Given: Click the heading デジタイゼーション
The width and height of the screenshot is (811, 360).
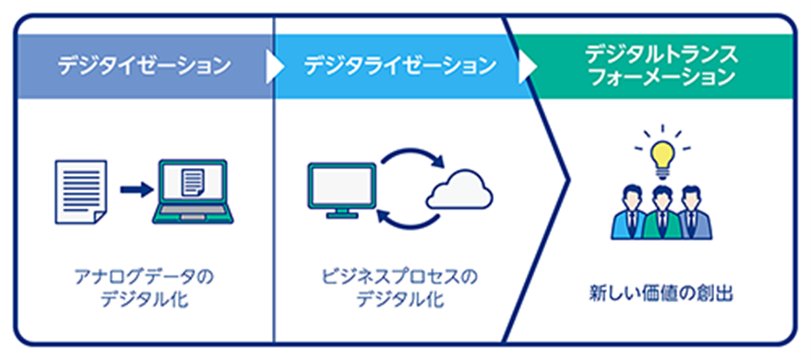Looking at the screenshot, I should coord(144,66).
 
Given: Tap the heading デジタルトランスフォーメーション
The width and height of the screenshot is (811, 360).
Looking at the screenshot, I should coord(661,66).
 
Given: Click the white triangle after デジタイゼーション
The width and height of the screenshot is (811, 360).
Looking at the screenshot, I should coord(274,66).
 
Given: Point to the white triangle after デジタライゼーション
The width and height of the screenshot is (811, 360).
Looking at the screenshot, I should coord(527,66).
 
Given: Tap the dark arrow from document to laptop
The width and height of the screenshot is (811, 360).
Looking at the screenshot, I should coord(135,189).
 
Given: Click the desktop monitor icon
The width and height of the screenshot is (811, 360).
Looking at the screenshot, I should coord(341,189).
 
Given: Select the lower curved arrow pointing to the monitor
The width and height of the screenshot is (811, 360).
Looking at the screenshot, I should coord(406,219).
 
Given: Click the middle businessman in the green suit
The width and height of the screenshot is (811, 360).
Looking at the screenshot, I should coord(660,212).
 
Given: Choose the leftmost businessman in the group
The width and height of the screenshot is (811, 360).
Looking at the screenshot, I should coord(629,214).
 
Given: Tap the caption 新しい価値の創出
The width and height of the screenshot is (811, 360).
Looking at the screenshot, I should coord(661,296).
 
